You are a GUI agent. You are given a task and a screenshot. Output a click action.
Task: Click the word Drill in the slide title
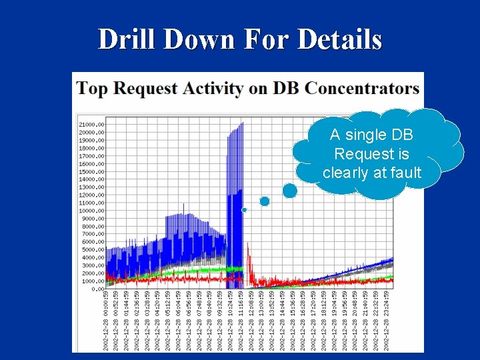click(x=127, y=39)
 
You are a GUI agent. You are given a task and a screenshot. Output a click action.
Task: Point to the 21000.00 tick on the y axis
click(x=91, y=125)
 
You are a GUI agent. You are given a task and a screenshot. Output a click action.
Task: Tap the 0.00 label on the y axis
click(x=98, y=289)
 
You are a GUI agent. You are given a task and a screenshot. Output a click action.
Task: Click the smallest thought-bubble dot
click(x=244, y=210)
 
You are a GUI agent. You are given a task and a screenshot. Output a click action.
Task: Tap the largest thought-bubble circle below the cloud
click(x=290, y=191)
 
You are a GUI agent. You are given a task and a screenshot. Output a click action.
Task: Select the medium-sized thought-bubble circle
click(x=265, y=201)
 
